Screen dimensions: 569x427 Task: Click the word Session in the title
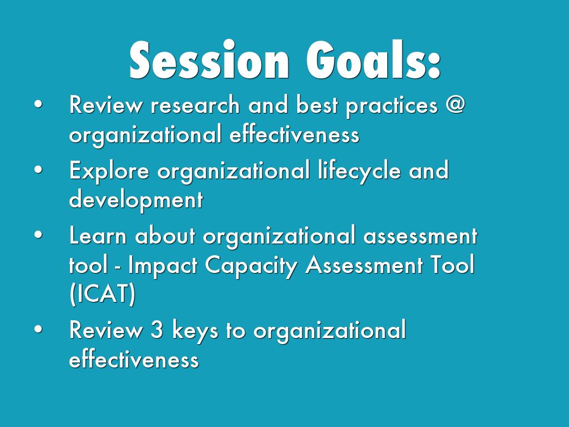(209, 59)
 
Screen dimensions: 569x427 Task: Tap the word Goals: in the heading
(373, 59)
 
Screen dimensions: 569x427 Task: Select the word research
(195, 105)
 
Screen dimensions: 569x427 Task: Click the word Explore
(109, 171)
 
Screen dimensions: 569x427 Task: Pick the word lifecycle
(360, 171)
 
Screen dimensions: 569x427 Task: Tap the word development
(136, 200)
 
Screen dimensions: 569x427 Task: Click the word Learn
(98, 236)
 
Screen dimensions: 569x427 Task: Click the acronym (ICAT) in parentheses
(103, 294)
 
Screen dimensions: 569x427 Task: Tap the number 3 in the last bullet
(157, 330)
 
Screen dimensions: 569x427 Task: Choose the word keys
(195, 331)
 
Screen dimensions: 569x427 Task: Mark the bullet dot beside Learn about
(38, 235)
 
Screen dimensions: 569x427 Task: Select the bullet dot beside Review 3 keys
(38, 329)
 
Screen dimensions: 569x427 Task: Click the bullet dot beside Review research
(38, 104)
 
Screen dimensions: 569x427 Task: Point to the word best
(317, 105)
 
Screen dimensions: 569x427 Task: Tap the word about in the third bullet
(165, 235)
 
